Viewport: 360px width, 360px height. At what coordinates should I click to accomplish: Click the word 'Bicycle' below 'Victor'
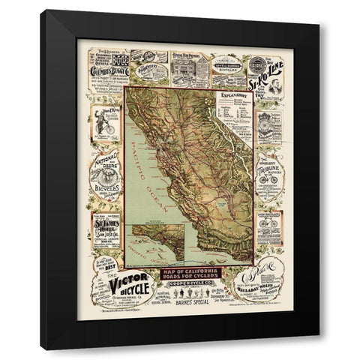click(x=116, y=298)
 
